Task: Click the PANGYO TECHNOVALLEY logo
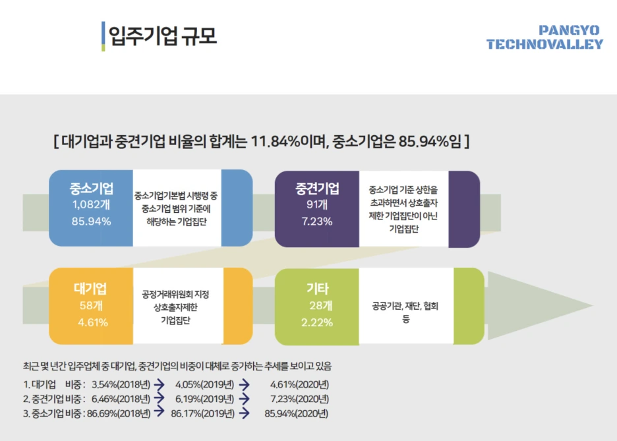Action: (x=544, y=38)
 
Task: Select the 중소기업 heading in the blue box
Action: (x=91, y=189)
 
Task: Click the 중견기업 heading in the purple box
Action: (x=317, y=189)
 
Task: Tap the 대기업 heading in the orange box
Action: (x=91, y=289)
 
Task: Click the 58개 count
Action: (x=91, y=305)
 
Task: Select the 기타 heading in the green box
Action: (x=317, y=289)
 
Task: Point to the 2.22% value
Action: (x=317, y=322)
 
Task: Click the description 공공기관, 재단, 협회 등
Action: (x=405, y=312)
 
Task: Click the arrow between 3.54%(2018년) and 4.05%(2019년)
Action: (x=159, y=383)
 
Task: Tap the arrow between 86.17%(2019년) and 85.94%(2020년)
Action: (x=244, y=414)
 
